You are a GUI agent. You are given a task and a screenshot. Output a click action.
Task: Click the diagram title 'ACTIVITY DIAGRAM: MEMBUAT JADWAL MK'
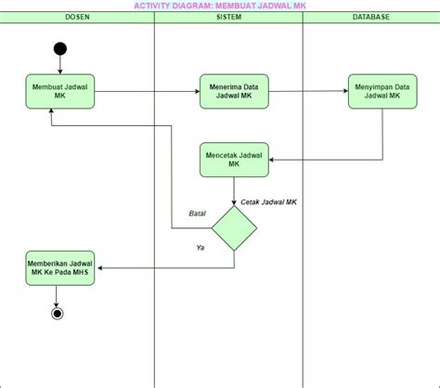tap(219, 6)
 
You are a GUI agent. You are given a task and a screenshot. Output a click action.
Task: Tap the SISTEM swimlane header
tap(227, 18)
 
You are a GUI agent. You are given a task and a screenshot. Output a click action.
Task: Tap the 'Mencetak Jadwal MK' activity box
tap(234, 160)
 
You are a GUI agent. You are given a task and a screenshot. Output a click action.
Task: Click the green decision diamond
tap(234, 227)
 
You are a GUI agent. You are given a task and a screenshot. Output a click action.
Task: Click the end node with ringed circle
tap(58, 313)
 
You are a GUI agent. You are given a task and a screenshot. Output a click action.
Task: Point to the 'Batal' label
tap(197, 213)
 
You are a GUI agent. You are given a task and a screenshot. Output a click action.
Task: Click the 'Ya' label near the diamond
tap(200, 248)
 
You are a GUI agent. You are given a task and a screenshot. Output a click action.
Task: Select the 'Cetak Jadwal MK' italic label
tap(268, 201)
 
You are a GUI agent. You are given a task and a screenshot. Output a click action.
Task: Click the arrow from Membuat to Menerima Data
tap(147, 91)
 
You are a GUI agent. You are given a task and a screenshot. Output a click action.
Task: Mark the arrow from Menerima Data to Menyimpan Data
tap(308, 91)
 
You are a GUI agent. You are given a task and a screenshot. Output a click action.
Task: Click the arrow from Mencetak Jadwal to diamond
tap(234, 191)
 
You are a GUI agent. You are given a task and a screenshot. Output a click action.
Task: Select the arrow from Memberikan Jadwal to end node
tap(58, 296)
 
